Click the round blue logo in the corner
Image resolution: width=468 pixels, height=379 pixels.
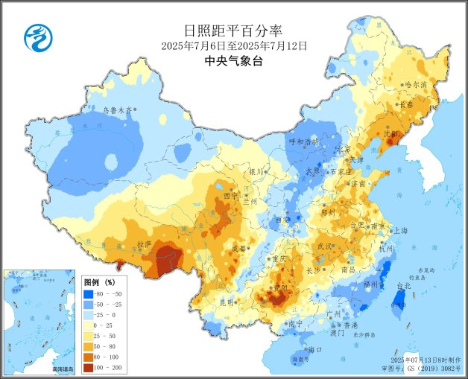click(x=36, y=38)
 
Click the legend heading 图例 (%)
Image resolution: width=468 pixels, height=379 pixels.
click(x=99, y=283)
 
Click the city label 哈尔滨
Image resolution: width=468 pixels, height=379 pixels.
click(x=415, y=85)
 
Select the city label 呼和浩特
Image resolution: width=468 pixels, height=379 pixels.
click(x=303, y=141)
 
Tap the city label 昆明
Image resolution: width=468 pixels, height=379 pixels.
click(x=225, y=302)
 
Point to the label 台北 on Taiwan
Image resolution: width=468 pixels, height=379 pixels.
click(x=403, y=286)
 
